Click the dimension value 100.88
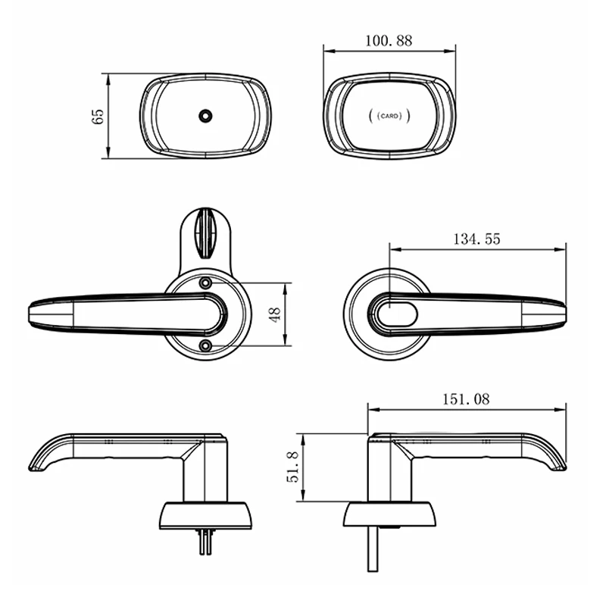(389, 41)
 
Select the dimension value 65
(97, 116)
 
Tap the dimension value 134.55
(476, 239)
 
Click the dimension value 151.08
(466, 399)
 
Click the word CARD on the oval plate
(389, 117)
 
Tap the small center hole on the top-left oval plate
(205, 116)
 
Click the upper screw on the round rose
(205, 283)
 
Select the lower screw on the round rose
(205, 345)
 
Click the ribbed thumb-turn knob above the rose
(205, 231)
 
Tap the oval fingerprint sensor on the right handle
(395, 314)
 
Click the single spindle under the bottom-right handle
(373, 550)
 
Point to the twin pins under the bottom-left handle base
(205, 542)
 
